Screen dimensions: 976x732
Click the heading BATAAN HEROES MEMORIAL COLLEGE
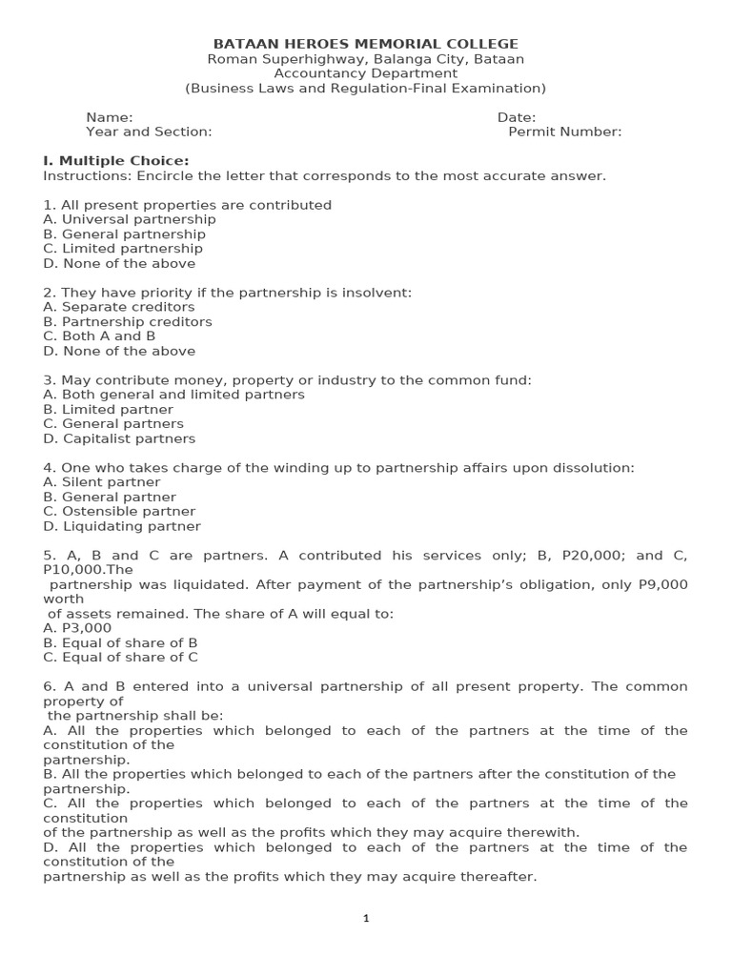click(366, 44)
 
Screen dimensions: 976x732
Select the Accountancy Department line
click(366, 73)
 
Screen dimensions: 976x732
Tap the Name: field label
click(110, 117)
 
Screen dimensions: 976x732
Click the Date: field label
click(517, 117)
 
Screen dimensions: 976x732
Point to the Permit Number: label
click(564, 132)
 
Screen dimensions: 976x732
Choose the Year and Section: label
click(149, 132)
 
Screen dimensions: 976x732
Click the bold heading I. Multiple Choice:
click(116, 161)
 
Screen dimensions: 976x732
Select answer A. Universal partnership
click(130, 219)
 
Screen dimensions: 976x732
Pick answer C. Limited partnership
click(123, 249)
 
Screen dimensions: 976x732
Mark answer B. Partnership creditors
click(128, 322)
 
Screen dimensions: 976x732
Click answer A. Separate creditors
click(119, 307)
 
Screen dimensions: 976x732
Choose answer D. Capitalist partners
click(119, 438)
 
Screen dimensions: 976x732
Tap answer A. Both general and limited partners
click(174, 395)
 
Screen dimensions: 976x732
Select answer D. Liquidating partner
click(122, 526)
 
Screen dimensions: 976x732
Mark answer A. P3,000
click(77, 628)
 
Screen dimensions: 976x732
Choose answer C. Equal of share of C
click(120, 657)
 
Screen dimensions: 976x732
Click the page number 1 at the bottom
click(366, 919)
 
